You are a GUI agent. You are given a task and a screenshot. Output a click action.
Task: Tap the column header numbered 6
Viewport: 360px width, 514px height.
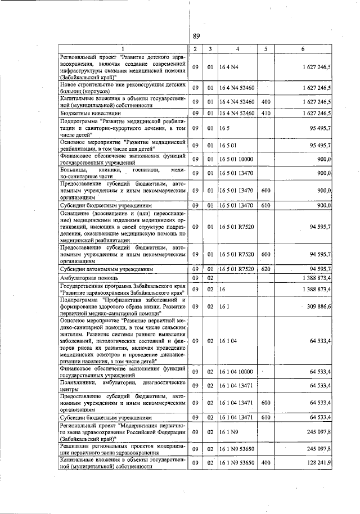point(303,49)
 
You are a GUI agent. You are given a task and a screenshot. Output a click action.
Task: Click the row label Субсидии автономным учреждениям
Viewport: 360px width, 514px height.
point(107,270)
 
